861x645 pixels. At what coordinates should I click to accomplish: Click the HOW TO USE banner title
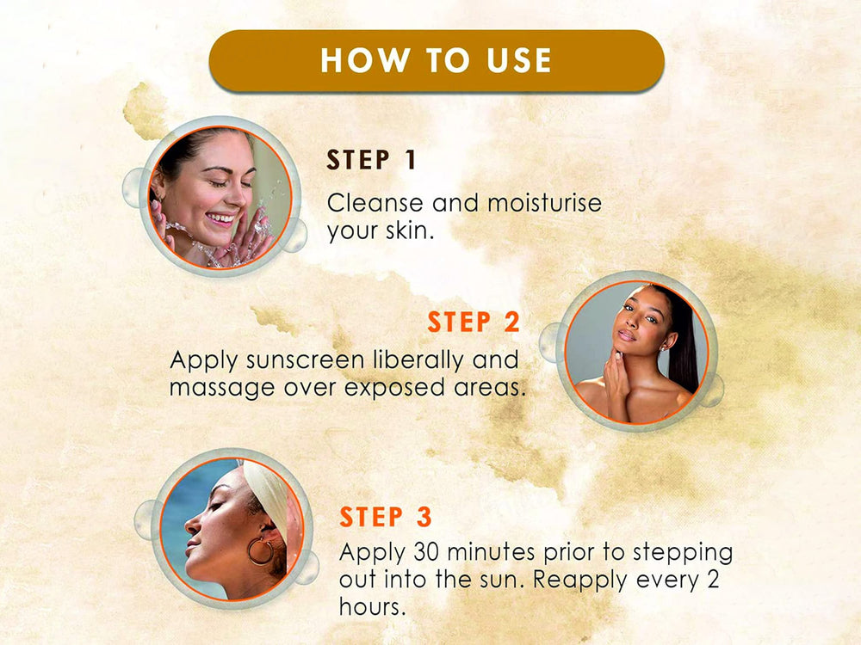coord(436,60)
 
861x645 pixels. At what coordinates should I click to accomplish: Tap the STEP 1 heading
coord(372,160)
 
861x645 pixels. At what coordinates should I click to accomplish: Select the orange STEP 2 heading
coord(474,322)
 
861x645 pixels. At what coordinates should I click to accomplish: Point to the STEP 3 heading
coord(386,517)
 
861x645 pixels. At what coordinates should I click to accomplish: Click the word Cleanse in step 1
coord(375,203)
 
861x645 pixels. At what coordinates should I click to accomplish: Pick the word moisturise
coord(544,203)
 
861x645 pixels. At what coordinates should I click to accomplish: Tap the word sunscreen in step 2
coord(306,360)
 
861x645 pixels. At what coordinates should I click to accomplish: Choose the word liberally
coord(419,361)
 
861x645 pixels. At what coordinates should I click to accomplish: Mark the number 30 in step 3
coord(427,552)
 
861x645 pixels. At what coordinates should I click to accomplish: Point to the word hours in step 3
coord(372,606)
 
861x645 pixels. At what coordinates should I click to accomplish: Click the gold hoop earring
coord(260,551)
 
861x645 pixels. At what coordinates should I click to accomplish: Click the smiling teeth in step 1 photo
coord(220,219)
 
